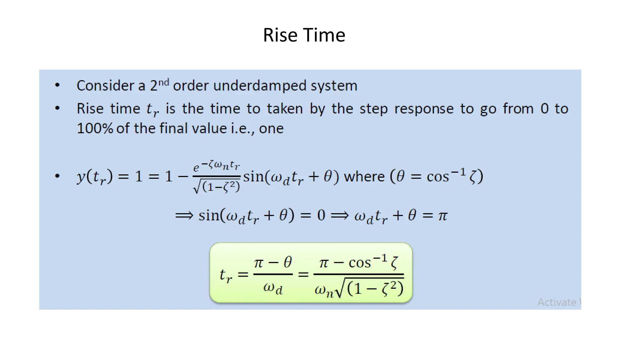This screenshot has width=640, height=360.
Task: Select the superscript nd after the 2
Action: (163, 82)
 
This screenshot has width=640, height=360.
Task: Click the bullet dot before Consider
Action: (57, 85)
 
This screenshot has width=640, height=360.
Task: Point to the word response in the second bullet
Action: (423, 109)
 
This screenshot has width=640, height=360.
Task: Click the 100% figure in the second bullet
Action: (95, 128)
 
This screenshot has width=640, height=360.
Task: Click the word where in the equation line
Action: (364, 177)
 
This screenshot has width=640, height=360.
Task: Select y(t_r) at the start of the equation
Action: (95, 177)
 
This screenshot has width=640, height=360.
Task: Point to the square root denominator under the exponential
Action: (217, 187)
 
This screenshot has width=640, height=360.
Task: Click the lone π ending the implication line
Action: (442, 216)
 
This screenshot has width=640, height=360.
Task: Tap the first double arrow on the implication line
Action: (184, 216)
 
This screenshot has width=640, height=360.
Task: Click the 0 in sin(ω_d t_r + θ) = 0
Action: (321, 216)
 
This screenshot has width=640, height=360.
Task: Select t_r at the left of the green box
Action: (226, 275)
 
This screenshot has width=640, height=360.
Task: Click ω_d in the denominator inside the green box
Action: (273, 288)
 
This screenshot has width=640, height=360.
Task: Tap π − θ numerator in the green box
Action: (273, 262)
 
